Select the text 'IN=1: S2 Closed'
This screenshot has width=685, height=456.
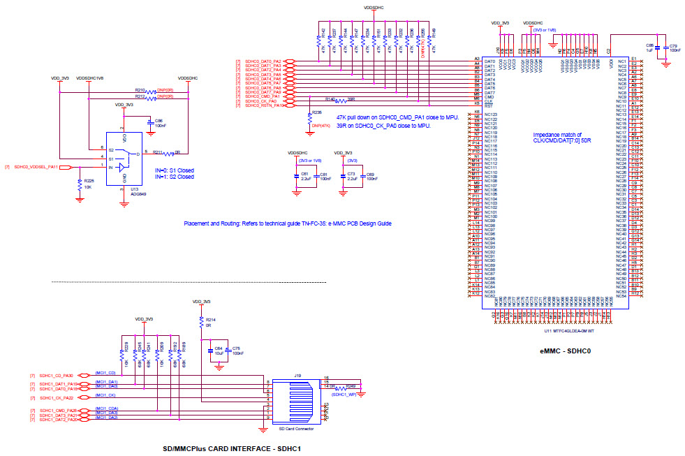(173, 177)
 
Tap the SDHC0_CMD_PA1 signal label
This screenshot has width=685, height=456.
(263, 96)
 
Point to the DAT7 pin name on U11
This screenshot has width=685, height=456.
(489, 92)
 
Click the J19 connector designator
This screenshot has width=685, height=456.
(297, 375)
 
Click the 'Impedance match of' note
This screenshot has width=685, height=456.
(556, 135)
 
